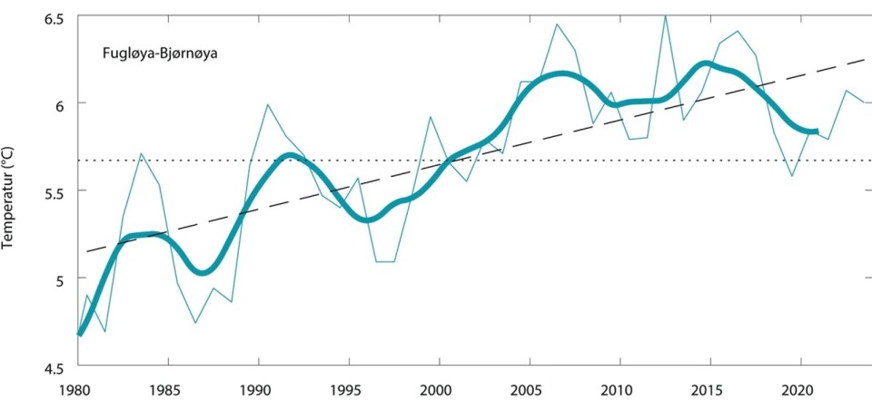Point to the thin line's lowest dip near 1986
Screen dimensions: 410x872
(195, 323)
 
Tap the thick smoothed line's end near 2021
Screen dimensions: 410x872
(817, 132)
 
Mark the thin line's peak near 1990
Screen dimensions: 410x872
(268, 104)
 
